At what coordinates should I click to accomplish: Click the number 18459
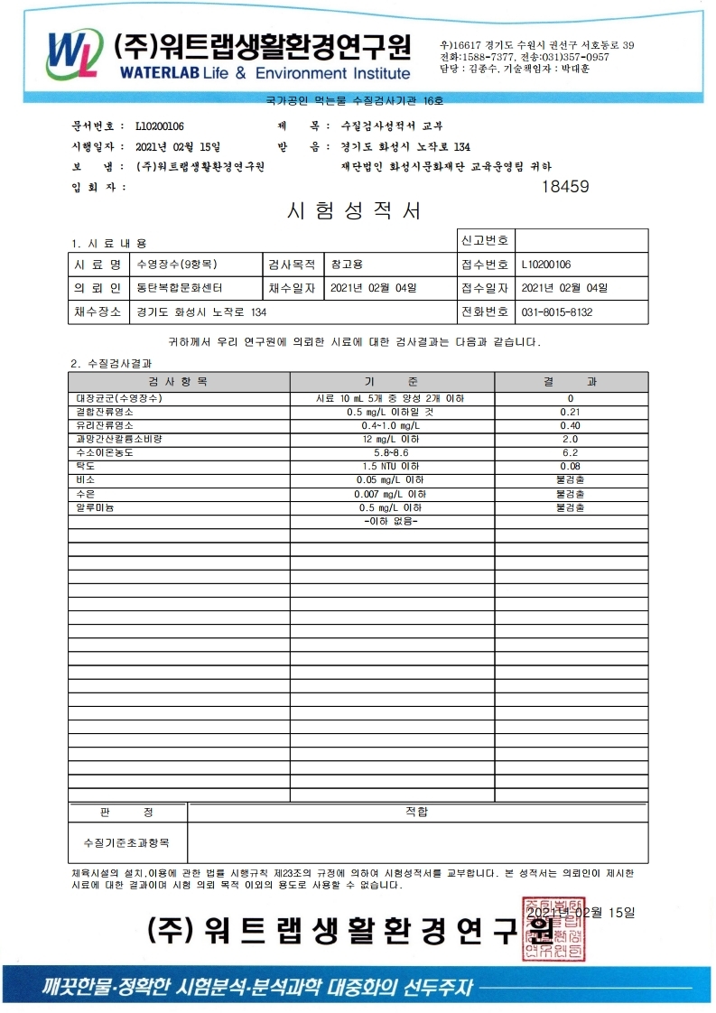click(564, 188)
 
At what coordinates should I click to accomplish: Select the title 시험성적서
click(354, 211)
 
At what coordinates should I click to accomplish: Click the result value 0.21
click(570, 412)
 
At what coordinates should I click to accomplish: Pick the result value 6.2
click(570, 452)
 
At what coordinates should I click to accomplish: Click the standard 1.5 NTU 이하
click(391, 467)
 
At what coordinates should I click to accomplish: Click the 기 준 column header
click(391, 383)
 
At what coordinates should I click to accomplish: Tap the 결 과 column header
click(570, 383)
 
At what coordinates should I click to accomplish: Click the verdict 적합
click(417, 813)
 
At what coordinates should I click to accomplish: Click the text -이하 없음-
click(391, 522)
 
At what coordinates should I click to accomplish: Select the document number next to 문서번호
click(160, 126)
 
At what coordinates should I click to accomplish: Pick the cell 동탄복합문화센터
click(179, 289)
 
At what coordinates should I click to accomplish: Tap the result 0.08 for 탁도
click(570, 467)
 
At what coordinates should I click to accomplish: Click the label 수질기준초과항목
click(126, 842)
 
